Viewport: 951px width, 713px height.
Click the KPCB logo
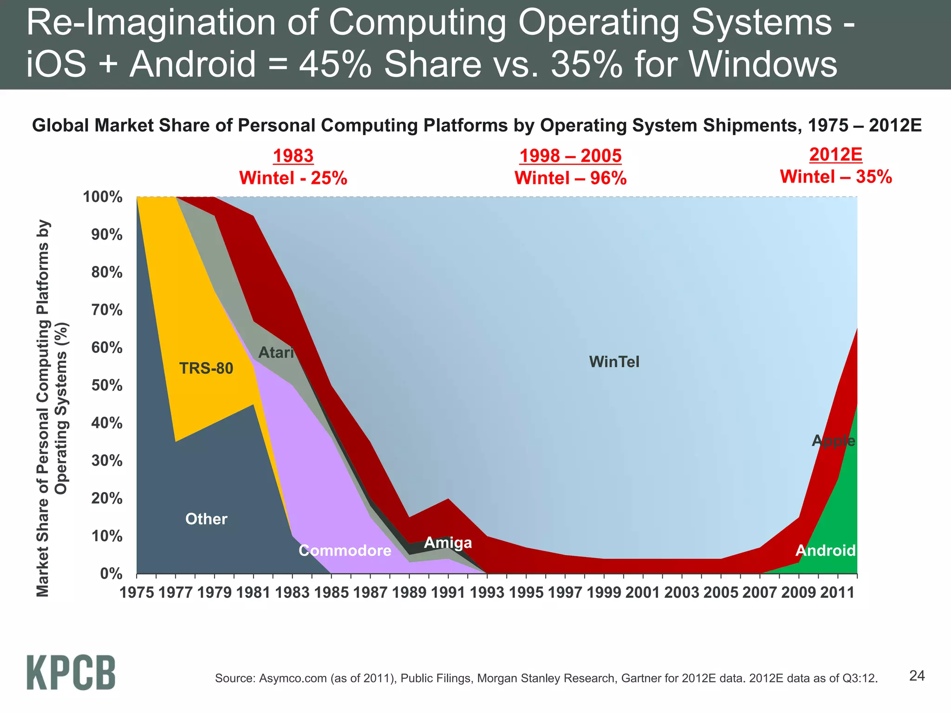click(71, 672)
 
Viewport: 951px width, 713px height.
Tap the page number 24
click(917, 676)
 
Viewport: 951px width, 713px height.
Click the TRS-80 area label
click(206, 369)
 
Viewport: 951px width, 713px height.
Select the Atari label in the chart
click(276, 353)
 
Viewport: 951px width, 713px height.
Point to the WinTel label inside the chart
click(614, 362)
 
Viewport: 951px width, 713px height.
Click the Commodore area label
click(345, 551)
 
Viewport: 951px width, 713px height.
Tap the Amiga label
click(448, 543)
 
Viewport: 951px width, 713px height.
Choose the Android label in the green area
click(825, 551)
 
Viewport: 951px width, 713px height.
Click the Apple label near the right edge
click(833, 441)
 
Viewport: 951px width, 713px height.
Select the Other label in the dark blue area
click(206, 519)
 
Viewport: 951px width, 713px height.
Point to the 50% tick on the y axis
click(107, 385)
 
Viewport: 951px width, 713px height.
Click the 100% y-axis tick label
click(103, 197)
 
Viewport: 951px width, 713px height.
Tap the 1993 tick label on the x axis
click(487, 593)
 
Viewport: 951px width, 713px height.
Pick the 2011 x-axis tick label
click(837, 593)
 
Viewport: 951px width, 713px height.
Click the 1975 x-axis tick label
click(137, 593)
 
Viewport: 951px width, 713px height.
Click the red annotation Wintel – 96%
click(570, 178)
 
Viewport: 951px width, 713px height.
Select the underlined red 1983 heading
click(293, 156)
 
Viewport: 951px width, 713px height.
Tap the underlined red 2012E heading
click(835, 155)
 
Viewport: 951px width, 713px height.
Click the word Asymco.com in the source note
click(293, 678)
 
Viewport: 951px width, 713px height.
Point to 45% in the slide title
click(335, 64)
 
